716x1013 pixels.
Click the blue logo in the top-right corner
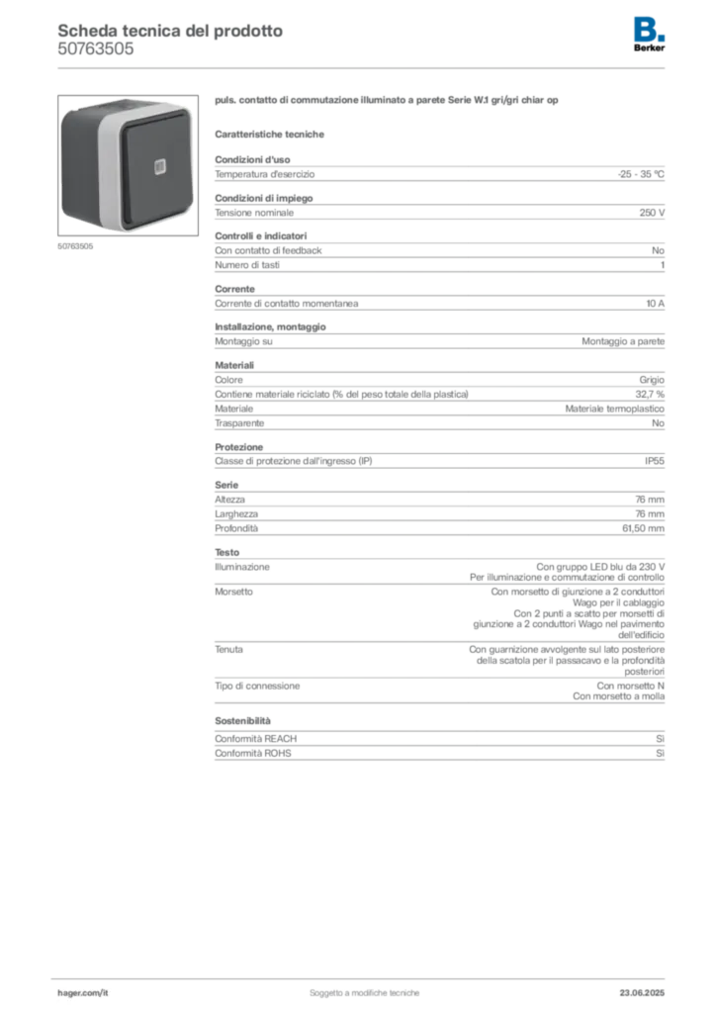click(650, 28)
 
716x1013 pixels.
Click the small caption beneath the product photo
click(73, 247)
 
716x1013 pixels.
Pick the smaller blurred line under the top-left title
click(94, 56)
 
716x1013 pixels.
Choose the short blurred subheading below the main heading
click(272, 132)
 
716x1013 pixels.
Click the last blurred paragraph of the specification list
click(439, 747)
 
